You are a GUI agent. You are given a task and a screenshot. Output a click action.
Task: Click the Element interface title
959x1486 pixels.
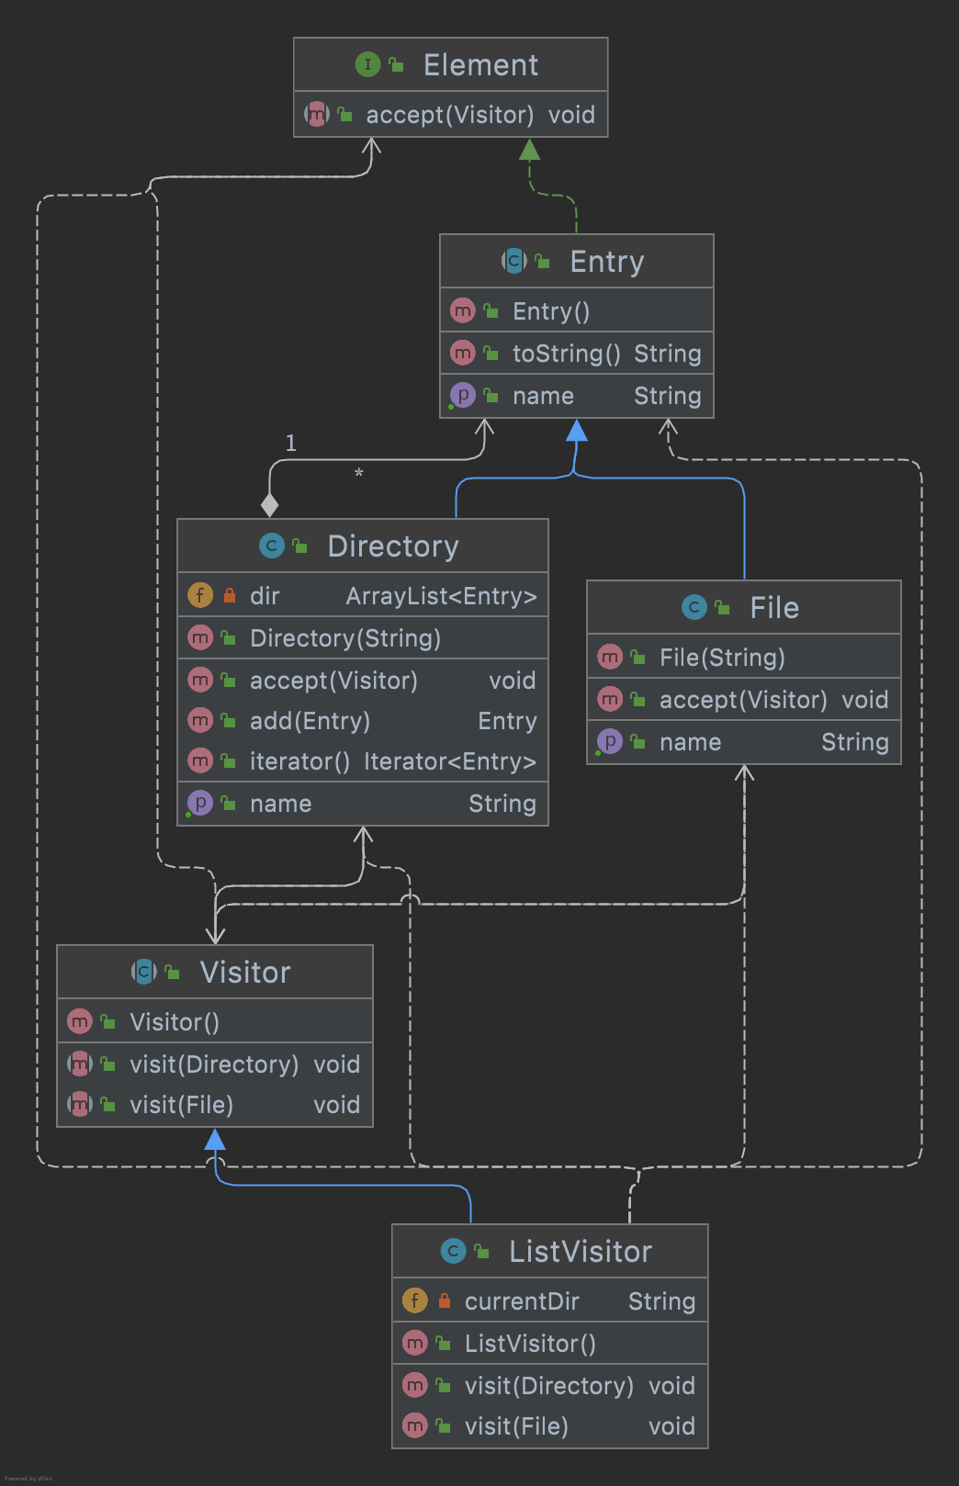coord(480,65)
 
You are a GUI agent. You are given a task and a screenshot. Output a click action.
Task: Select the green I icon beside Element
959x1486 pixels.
coord(367,64)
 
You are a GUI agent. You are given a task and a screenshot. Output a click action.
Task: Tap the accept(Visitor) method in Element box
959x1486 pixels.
coord(449,115)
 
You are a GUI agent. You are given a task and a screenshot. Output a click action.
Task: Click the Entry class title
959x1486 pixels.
coord(606,262)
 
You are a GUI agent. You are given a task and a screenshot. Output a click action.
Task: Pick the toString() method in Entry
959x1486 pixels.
coord(566,354)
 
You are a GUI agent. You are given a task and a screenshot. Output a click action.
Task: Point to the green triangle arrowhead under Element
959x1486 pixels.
coord(529,150)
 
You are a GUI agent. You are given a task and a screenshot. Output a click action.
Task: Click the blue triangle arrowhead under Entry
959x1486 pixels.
coord(577,431)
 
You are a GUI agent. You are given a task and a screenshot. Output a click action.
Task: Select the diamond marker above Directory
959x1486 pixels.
coord(269,505)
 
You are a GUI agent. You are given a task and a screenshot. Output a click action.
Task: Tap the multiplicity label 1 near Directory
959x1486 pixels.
coord(291,444)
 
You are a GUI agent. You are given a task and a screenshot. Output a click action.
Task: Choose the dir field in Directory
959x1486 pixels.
coord(265,596)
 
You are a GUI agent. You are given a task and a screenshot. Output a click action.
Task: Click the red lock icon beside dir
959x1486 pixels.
coord(230,595)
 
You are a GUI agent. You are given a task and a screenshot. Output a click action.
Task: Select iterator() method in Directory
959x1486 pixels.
coord(299,761)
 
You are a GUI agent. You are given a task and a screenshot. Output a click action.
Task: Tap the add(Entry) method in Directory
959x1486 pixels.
coord(310,721)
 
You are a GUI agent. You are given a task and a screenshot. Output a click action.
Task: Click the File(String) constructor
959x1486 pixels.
coord(722,658)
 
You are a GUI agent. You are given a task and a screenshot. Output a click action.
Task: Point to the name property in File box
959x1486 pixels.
coord(690,742)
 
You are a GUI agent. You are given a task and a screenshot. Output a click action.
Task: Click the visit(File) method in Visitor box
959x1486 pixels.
coord(181,1105)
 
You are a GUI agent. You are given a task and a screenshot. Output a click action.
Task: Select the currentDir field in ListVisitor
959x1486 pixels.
coord(522,1301)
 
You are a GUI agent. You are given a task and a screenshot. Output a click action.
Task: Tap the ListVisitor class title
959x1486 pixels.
coord(581,1252)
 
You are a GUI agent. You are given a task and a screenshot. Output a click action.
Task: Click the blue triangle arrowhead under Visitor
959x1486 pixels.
coord(215,1141)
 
